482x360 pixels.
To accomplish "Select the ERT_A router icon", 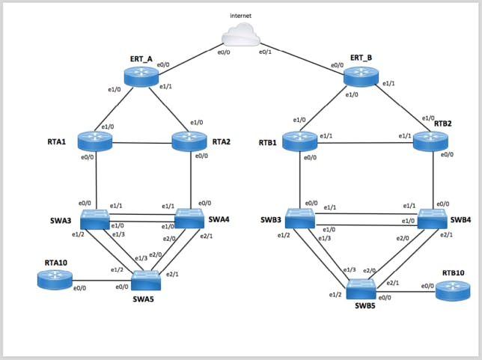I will coord(142,74).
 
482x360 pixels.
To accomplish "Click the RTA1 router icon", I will coord(97,141).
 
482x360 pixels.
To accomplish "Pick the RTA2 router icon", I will coord(190,141).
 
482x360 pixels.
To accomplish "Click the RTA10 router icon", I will coord(54,280).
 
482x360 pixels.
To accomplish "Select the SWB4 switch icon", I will coord(435,219).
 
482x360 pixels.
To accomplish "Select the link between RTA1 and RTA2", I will coord(143,142).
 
